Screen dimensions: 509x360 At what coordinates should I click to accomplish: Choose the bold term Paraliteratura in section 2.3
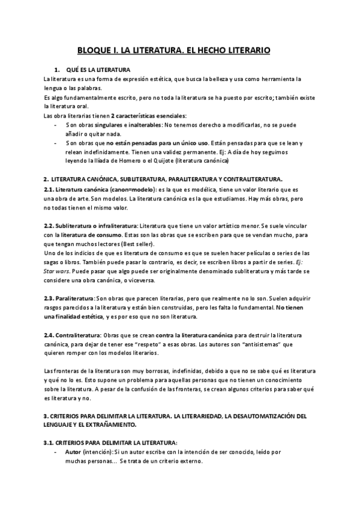pyautogui.click(x=75, y=298)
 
